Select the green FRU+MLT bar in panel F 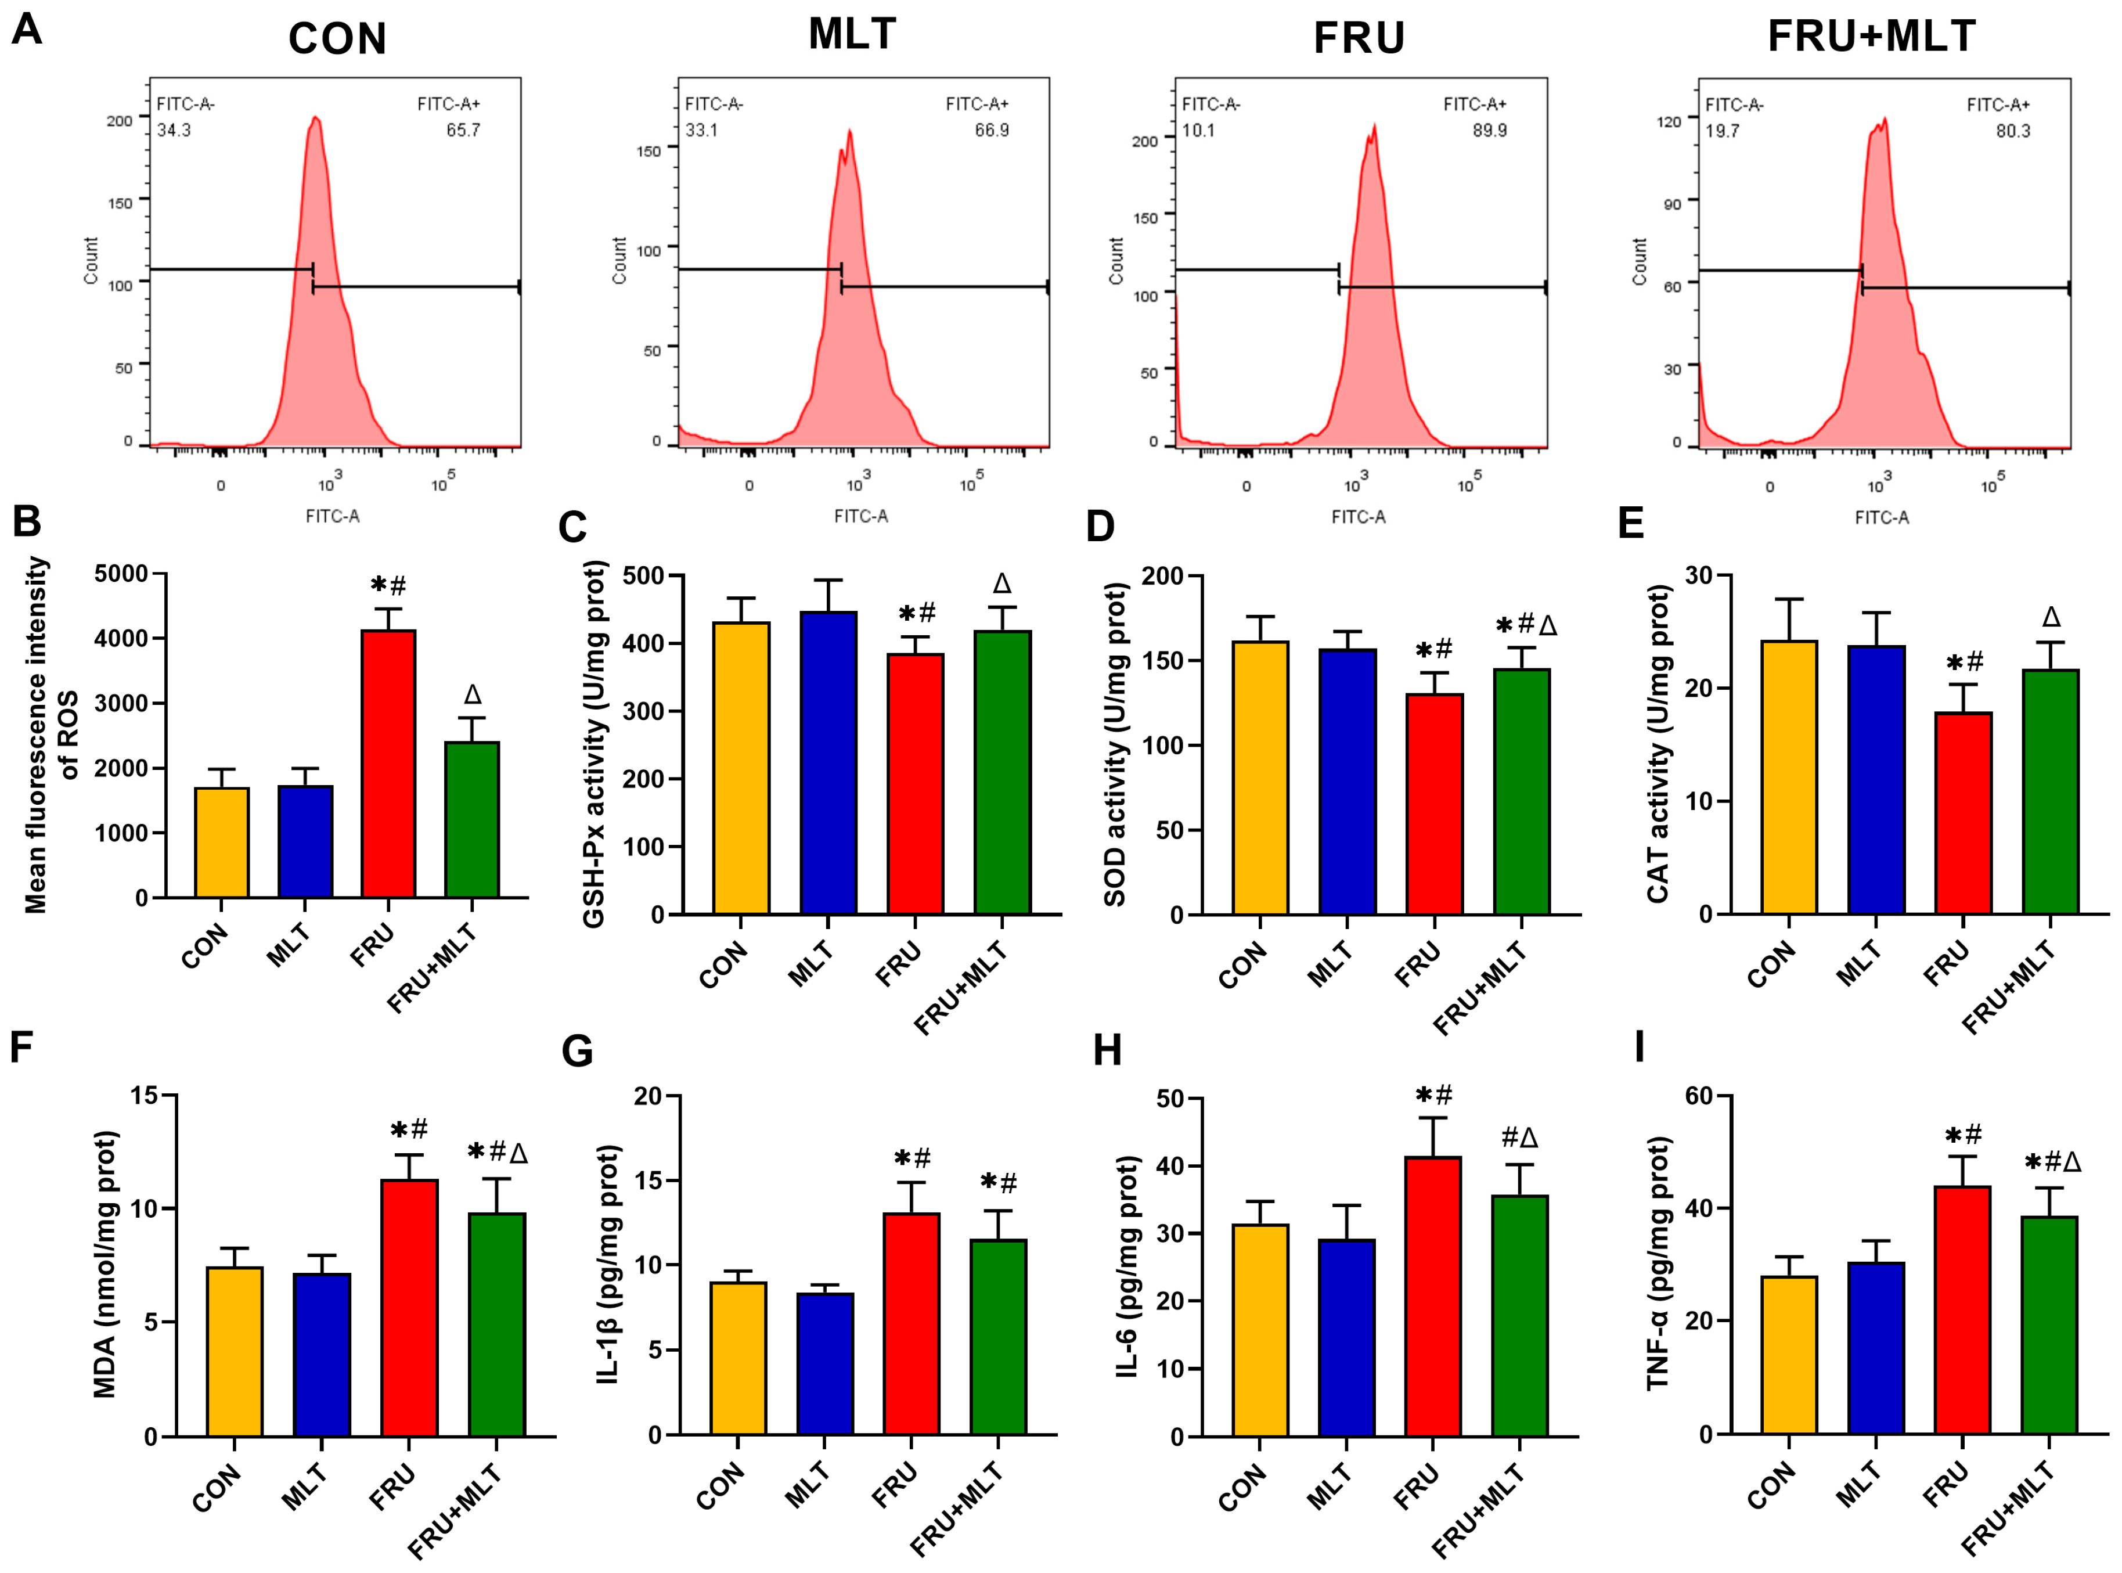497,1323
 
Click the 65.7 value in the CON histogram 464,131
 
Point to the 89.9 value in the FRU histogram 1490,131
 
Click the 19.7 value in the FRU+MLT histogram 1722,131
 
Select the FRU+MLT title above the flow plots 1872,36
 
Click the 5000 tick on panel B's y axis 121,574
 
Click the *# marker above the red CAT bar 1964,662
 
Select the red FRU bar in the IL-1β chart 911,1323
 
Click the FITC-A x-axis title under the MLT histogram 860,516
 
